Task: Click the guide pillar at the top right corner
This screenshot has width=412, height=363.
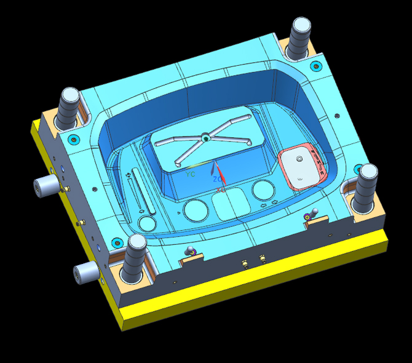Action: point(301,38)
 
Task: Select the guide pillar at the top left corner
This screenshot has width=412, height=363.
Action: point(68,107)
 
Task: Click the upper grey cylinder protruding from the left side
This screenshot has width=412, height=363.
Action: point(46,186)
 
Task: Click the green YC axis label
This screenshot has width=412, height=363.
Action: point(191,174)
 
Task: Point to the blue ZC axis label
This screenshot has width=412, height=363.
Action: point(217,179)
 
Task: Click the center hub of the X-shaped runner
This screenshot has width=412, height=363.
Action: point(205,139)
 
